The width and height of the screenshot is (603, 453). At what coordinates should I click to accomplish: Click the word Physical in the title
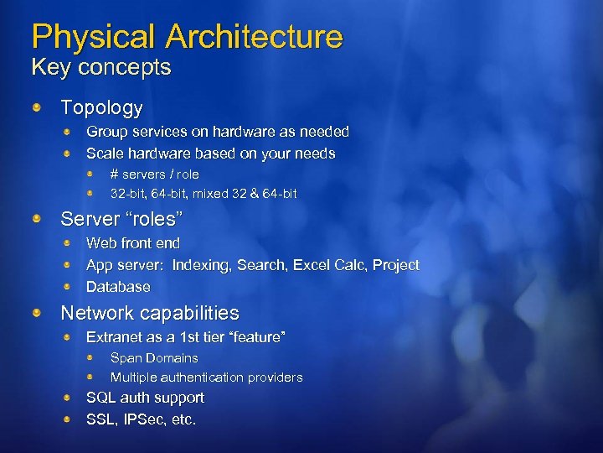93,37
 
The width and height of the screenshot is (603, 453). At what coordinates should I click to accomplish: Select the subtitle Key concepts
100,67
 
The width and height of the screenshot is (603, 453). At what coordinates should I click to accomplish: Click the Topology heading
101,108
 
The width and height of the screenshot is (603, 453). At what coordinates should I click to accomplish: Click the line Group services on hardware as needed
218,132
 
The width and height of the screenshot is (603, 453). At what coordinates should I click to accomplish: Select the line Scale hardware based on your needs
210,154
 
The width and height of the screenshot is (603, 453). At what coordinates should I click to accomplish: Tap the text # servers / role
155,174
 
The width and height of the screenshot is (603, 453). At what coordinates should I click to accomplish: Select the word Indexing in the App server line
201,265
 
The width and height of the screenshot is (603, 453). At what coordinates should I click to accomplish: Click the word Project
396,265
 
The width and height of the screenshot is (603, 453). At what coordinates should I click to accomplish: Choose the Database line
118,287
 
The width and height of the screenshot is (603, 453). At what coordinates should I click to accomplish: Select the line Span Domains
154,358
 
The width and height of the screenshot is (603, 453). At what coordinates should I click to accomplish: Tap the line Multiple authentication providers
206,377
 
